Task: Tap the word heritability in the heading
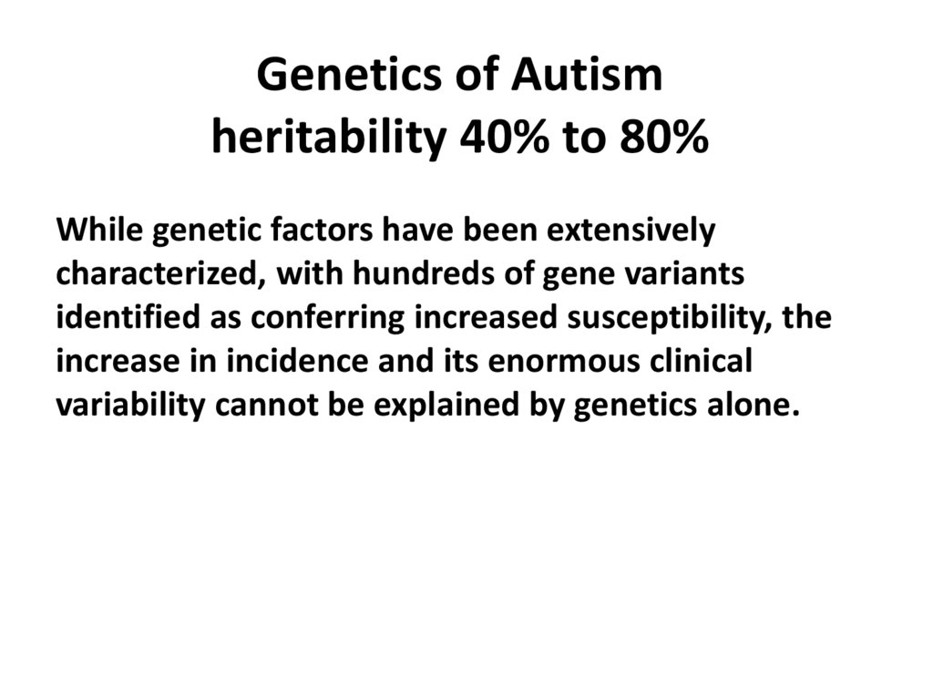tap(329, 139)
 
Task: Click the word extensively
tap(631, 231)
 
